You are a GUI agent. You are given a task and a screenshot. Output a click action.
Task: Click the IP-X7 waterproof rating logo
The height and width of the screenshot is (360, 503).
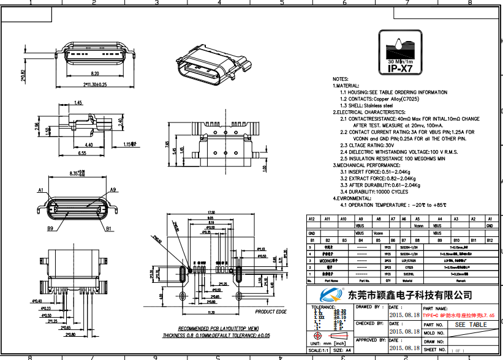pos(400,51)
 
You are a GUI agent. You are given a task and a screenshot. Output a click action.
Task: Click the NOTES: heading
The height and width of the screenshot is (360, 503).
pos(341,80)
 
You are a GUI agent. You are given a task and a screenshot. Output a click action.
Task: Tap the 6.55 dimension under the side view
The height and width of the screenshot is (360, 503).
pos(82,153)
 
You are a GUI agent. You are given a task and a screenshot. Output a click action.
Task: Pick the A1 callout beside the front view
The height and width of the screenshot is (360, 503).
pos(41,190)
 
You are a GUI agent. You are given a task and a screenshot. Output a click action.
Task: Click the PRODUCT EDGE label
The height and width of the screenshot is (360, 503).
pos(271,312)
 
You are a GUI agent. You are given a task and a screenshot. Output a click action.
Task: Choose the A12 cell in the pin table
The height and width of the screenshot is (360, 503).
pos(311,219)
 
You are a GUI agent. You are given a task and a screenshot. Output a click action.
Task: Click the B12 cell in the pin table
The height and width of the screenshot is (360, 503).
pos(489,241)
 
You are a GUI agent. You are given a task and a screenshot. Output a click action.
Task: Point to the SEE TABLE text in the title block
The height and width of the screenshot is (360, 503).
pos(471,324)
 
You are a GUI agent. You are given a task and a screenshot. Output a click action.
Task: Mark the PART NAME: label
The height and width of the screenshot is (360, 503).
pos(434,307)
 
